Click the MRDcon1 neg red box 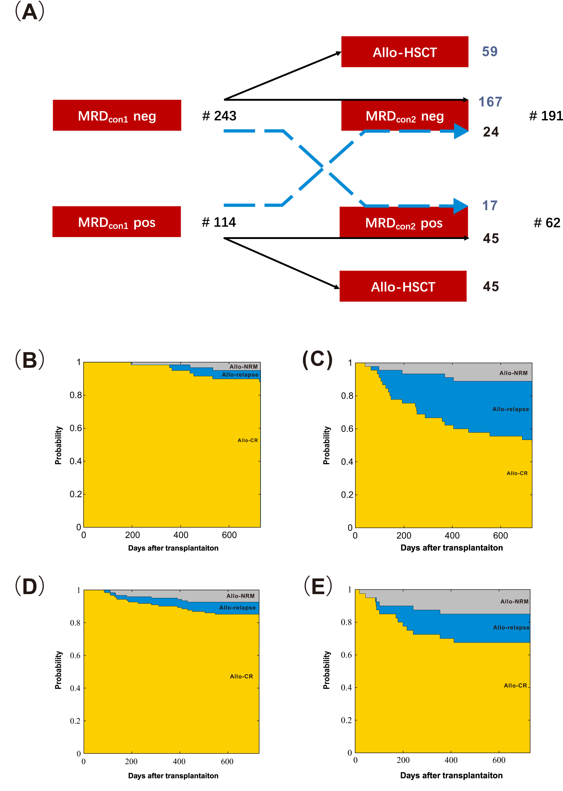click(117, 116)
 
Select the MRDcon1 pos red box click(116, 222)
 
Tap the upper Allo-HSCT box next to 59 click(404, 52)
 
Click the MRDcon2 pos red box click(403, 223)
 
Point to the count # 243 click(219, 116)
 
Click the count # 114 click(219, 222)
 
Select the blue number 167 click(490, 102)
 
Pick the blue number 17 click(490, 206)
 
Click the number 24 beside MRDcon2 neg click(491, 132)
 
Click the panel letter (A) click(30, 11)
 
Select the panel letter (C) click(317, 359)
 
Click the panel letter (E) click(318, 586)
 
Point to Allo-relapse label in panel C click(510, 409)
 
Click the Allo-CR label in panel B click(247, 440)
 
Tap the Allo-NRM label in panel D click(240, 596)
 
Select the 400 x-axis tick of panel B click(181, 535)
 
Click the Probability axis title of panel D click(58, 670)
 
